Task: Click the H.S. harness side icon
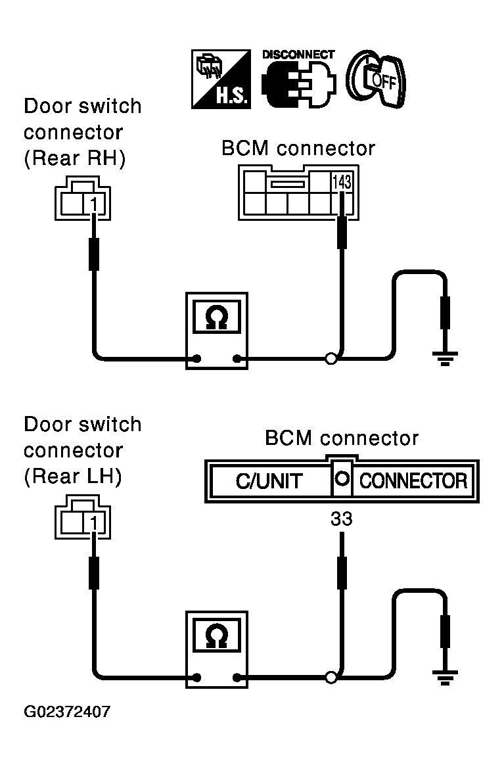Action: (x=221, y=79)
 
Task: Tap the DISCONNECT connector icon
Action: (x=299, y=79)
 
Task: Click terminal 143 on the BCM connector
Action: (x=342, y=183)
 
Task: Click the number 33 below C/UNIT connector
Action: (x=341, y=519)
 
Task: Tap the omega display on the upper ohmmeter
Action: (x=217, y=317)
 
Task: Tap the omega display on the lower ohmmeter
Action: (x=217, y=636)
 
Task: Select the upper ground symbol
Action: (x=444, y=359)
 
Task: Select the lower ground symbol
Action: (x=444, y=678)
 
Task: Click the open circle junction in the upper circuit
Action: (x=331, y=359)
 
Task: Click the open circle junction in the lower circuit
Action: (x=331, y=678)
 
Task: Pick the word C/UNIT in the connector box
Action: (x=269, y=481)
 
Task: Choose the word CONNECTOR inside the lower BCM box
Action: (x=413, y=481)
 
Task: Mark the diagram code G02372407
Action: (x=67, y=711)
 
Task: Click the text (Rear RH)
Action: (x=75, y=158)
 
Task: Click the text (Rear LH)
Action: (x=73, y=476)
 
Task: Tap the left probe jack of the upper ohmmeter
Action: (x=197, y=359)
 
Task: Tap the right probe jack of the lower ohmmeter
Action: (x=237, y=678)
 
